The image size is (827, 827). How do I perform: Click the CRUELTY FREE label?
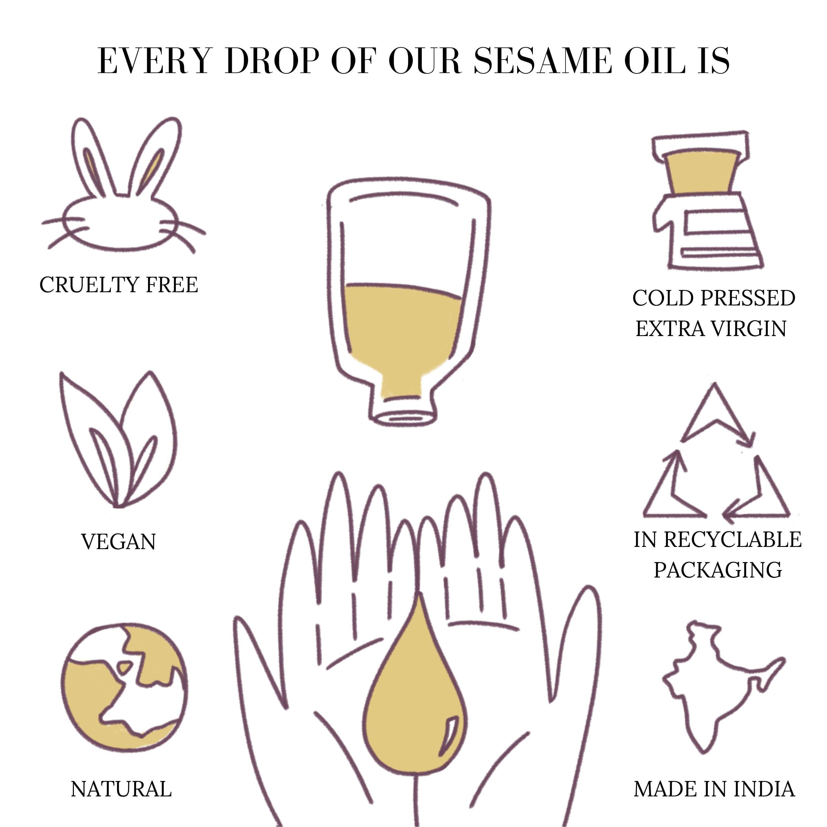coord(119,285)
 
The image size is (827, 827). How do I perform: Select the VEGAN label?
coord(119,542)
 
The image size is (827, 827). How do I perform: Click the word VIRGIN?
coord(749,329)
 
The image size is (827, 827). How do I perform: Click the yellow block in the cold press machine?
coord(702,171)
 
